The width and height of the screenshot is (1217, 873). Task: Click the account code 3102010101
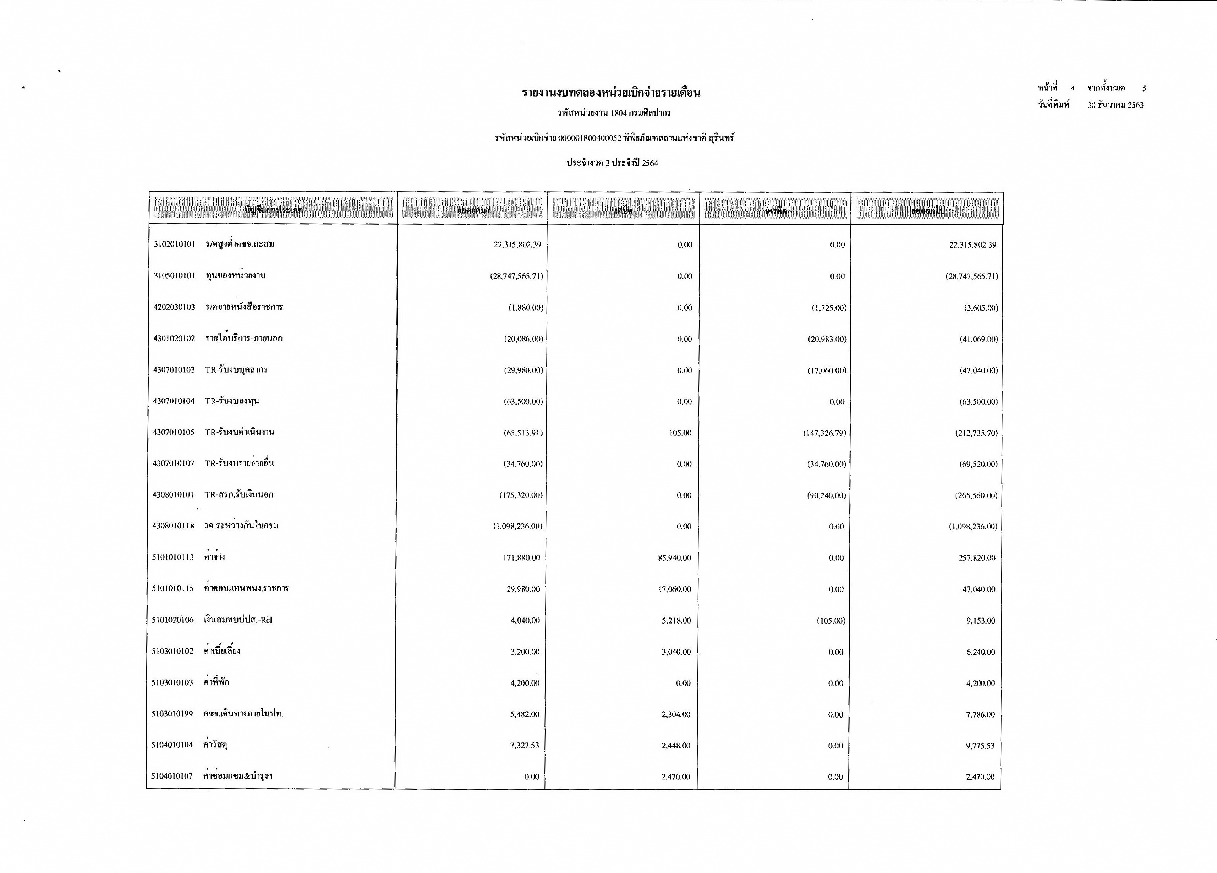pyautogui.click(x=174, y=245)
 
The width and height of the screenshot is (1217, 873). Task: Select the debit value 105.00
pyautogui.click(x=680, y=433)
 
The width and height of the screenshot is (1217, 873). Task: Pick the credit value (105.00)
pyautogui.click(x=831, y=621)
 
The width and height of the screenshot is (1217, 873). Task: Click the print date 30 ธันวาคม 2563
pyautogui.click(x=1115, y=105)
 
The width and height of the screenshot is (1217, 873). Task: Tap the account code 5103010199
pyautogui.click(x=172, y=714)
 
